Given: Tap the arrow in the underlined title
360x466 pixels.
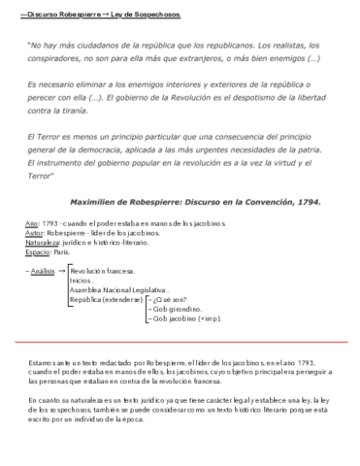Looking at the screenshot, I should coord(106,16).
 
